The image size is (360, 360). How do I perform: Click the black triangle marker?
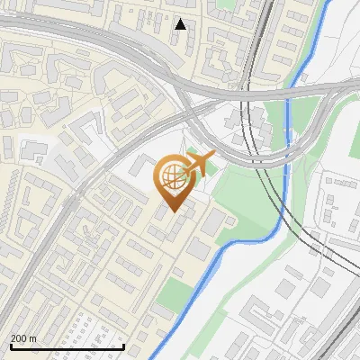(x=180, y=24)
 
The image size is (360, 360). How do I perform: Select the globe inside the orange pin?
(x=171, y=177)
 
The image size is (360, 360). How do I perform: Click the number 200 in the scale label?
(x=18, y=338)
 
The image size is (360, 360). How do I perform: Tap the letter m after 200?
(x=33, y=338)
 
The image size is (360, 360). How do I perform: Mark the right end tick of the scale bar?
(x=122, y=346)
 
